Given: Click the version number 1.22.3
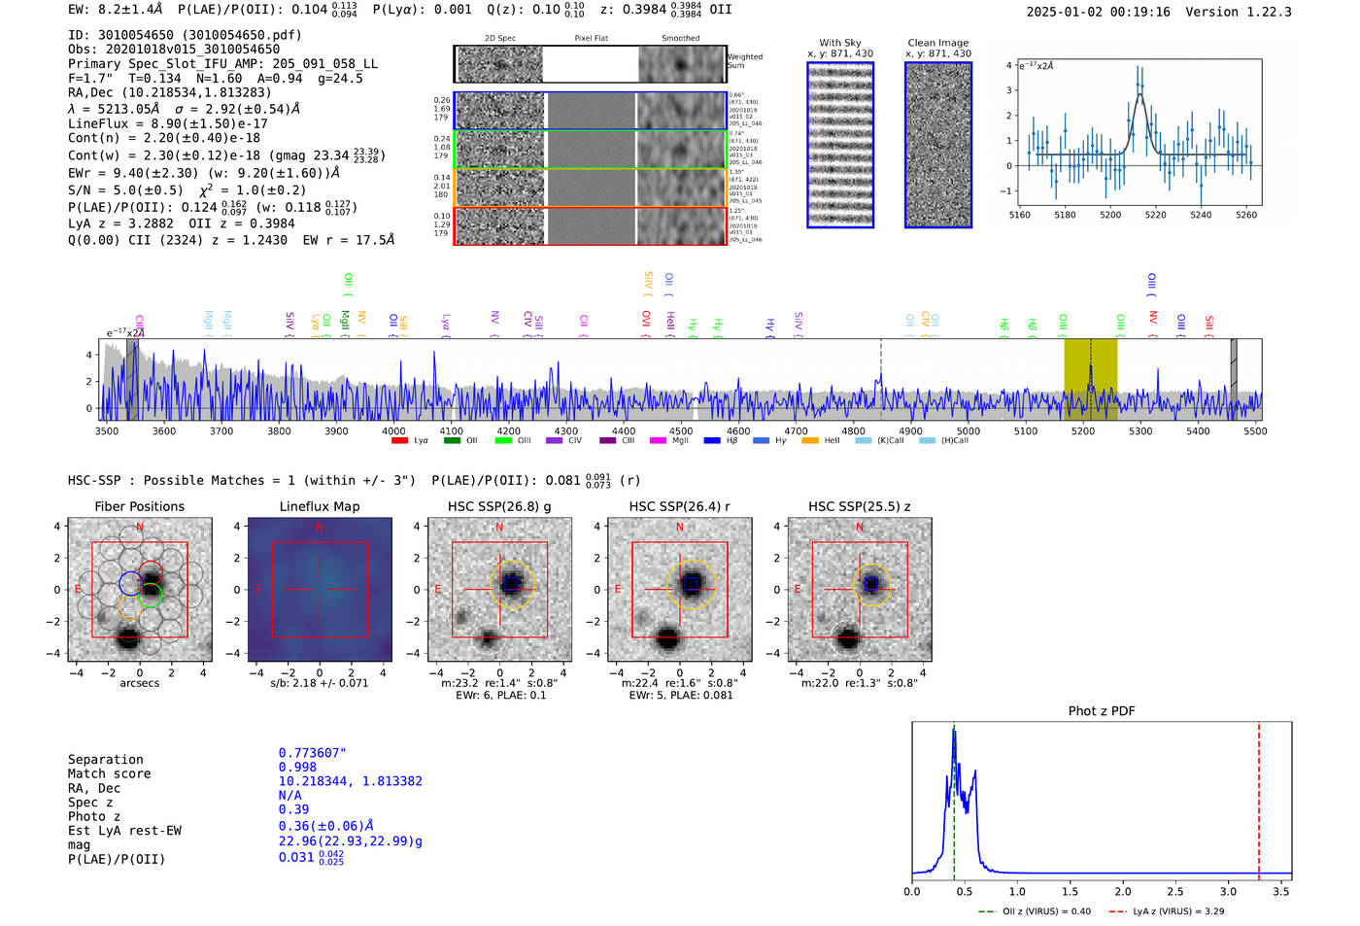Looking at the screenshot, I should pos(1261,12).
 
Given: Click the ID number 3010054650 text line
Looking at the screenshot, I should pos(185,35).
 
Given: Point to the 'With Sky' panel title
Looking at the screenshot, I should pos(839,43).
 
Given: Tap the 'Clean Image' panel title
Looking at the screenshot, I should pos(937,43).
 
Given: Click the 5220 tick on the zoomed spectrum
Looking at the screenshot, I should pos(1155,215).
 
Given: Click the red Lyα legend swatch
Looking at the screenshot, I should pos(399,441).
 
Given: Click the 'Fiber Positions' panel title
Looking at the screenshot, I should pos(139,506).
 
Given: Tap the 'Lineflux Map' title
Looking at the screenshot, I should pos(319,506).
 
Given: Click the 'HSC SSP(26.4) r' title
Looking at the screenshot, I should pos(679,506).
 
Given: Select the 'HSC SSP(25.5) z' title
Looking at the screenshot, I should pos(859,506).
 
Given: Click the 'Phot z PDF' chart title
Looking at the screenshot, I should pos(1101,711).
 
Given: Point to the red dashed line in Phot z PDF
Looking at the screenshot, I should pos(1259,797).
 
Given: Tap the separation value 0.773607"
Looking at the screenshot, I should pos(312,753).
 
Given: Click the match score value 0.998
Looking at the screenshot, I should pos(297,767).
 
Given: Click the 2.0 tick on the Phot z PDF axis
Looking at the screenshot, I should pos(1123,891).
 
